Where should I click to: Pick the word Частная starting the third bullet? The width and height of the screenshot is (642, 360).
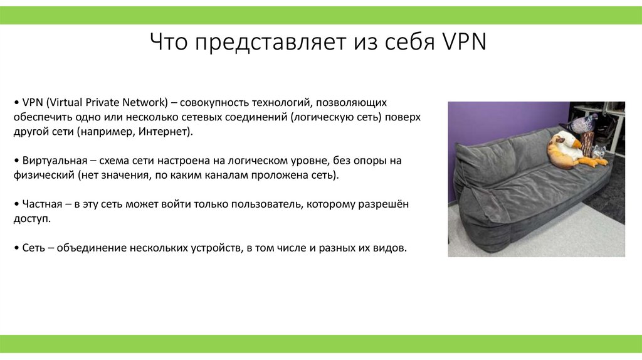41,204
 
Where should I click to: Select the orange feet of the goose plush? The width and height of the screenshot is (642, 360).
592,162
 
